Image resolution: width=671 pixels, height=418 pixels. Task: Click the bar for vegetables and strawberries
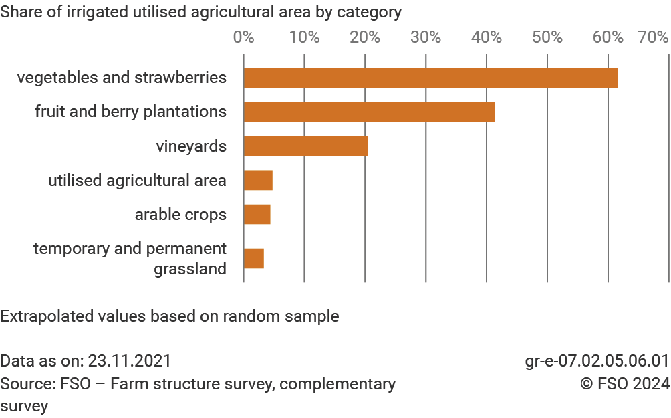(x=430, y=78)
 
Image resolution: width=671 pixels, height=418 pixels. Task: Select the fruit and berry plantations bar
(x=369, y=112)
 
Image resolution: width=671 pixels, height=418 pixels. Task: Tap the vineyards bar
(x=305, y=146)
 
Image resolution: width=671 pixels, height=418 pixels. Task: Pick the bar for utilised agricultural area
(x=258, y=180)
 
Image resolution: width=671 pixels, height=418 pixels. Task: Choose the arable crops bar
(x=257, y=214)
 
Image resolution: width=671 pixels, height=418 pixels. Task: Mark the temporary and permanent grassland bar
(x=254, y=258)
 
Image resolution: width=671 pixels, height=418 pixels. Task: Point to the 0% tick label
(x=243, y=37)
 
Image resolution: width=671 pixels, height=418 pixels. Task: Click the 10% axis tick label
(x=304, y=37)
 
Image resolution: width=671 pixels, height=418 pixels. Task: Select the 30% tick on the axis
(x=426, y=37)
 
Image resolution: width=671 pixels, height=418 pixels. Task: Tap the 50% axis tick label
(x=547, y=37)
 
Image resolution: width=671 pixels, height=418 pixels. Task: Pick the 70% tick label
(x=654, y=37)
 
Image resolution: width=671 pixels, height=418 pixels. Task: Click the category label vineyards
(x=191, y=146)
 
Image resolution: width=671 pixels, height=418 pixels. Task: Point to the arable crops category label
(x=180, y=215)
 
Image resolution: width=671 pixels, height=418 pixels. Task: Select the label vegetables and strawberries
(x=122, y=78)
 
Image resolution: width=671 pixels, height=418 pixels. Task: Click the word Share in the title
(x=18, y=12)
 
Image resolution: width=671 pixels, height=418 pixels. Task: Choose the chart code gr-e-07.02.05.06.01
(x=597, y=361)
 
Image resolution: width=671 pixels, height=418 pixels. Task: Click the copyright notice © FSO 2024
(x=624, y=384)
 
